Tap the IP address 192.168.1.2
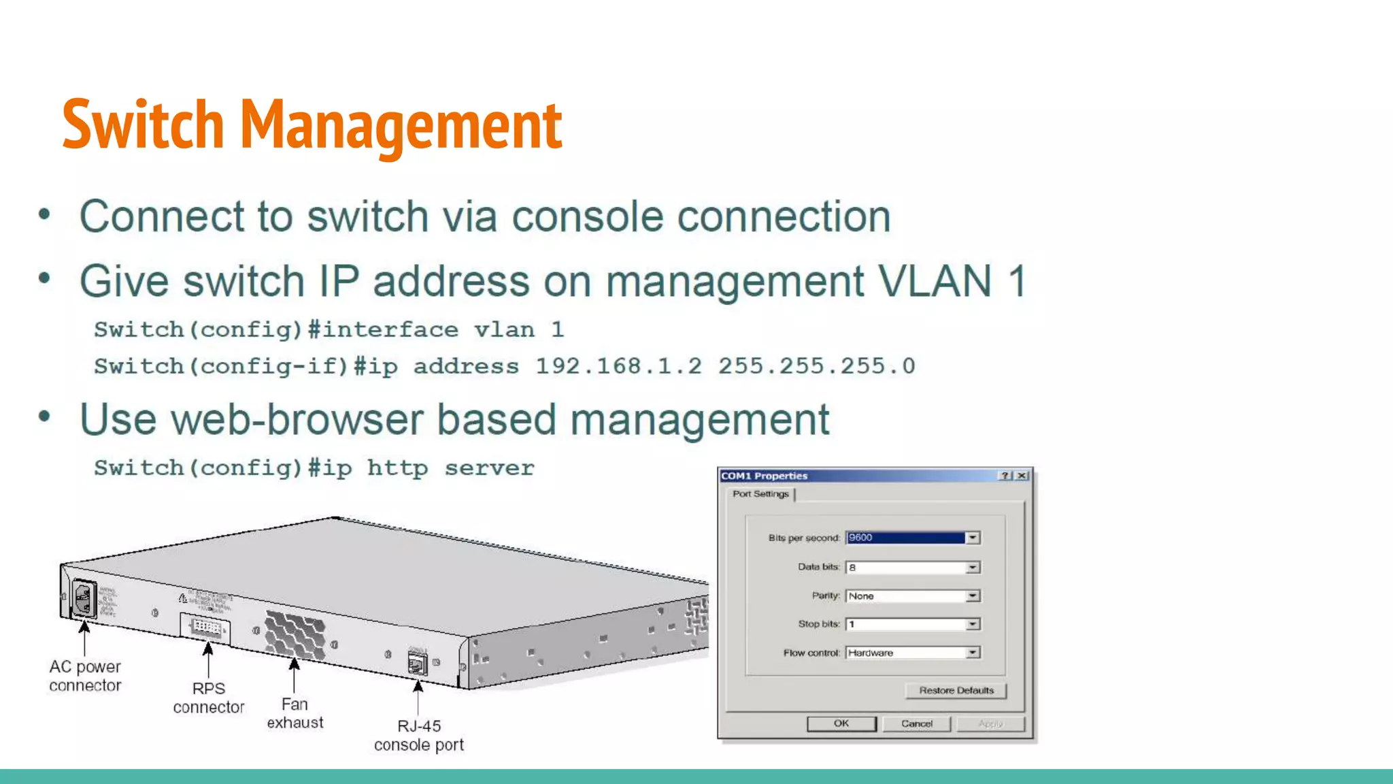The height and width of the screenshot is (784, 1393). [x=618, y=367]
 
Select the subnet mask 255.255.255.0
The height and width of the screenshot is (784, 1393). [x=816, y=367]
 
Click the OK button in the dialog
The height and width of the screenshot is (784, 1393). [x=841, y=723]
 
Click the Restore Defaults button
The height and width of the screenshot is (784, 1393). [x=956, y=691]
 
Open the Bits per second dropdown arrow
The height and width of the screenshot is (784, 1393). [x=973, y=538]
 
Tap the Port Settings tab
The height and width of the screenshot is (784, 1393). [x=760, y=494]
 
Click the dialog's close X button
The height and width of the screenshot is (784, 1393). [x=1022, y=476]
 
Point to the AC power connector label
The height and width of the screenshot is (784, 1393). [x=85, y=676]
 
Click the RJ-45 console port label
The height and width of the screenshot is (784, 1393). [x=419, y=736]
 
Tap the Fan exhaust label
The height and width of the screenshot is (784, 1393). [x=295, y=713]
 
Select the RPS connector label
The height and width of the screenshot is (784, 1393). [x=208, y=698]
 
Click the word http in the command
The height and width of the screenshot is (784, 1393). [x=397, y=468]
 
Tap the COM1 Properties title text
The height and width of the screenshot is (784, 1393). [x=764, y=476]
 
